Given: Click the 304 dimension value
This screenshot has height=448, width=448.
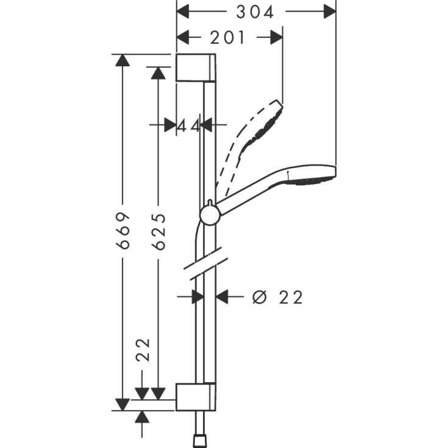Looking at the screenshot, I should (x=255, y=11).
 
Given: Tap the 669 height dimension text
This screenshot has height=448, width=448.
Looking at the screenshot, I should (x=124, y=231).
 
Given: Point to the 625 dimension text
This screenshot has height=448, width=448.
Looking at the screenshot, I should (x=158, y=231).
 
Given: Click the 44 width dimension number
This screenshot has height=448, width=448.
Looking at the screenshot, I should (x=189, y=125).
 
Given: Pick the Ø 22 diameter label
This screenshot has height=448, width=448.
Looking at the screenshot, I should (x=278, y=297).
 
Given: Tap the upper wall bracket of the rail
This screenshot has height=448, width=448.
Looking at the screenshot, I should (x=195, y=67).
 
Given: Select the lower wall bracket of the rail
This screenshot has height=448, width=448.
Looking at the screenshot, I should (x=195, y=397).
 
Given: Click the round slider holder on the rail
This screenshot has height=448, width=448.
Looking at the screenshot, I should (x=209, y=215).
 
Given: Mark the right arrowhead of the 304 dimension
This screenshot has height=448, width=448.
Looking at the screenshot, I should (x=329, y=11).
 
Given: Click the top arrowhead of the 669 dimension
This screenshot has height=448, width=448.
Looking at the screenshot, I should (x=123, y=60).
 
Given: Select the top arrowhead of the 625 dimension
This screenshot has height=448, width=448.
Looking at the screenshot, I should (x=158, y=73).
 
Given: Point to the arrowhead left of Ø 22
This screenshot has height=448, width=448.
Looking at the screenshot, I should (x=222, y=297).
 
